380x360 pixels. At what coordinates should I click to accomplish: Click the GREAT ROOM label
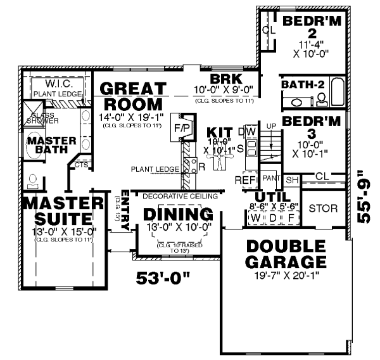pos(134,96)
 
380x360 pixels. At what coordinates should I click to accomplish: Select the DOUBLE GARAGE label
pos(287,254)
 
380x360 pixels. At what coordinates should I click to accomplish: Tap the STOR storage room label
pos(322,209)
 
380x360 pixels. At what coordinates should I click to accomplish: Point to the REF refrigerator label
pos(244,180)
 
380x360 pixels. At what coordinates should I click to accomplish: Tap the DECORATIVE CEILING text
pos(171,196)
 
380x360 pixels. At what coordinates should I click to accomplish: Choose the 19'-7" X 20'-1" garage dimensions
pos(287,276)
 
